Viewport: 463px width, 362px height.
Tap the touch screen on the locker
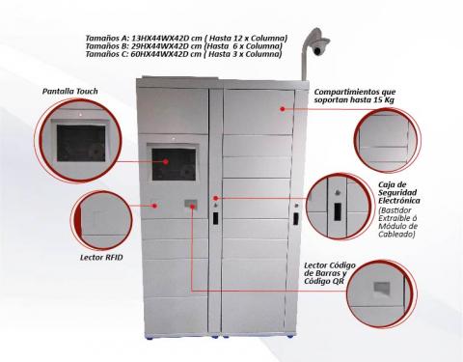pos(174,160)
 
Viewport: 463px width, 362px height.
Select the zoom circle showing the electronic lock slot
pos(338,206)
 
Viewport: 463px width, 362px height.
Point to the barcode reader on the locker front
pos(191,204)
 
